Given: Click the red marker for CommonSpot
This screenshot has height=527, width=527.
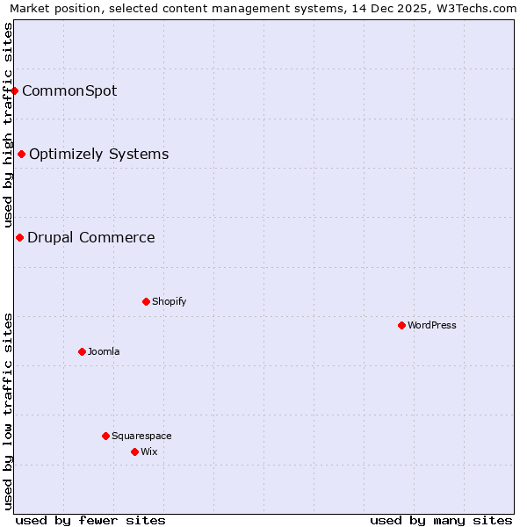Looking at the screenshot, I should (15, 90).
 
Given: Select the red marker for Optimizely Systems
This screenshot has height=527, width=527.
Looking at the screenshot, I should (22, 155).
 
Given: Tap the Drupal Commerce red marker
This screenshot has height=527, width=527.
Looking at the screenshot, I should (19, 237).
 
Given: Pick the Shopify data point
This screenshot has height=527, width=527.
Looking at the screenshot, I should (146, 301).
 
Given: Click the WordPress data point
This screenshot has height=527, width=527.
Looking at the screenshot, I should (401, 325).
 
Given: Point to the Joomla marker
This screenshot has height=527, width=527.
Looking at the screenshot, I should (82, 351).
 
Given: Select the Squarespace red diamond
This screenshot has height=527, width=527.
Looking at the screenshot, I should (105, 436).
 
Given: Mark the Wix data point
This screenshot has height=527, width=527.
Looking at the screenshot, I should (134, 451).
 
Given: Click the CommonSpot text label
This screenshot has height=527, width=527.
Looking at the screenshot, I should (69, 90).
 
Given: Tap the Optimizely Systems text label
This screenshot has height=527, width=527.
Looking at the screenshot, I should (99, 155).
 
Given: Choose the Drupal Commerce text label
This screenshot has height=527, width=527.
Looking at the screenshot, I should (91, 237).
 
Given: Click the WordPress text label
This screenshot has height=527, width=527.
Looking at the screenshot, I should (432, 325).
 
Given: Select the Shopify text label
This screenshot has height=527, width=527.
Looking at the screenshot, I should (170, 301).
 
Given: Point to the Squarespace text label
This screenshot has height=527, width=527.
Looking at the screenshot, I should (141, 436).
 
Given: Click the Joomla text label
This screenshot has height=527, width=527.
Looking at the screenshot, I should (104, 351).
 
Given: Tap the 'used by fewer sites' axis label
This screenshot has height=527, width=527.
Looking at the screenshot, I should (90, 520).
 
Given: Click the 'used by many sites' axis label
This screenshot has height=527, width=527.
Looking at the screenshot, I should (441, 520).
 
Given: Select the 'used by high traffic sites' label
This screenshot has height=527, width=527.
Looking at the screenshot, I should (8, 125).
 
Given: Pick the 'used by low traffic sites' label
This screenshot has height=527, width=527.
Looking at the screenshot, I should (8, 411).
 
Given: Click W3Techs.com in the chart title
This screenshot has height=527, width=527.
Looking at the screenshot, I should (473, 8).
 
